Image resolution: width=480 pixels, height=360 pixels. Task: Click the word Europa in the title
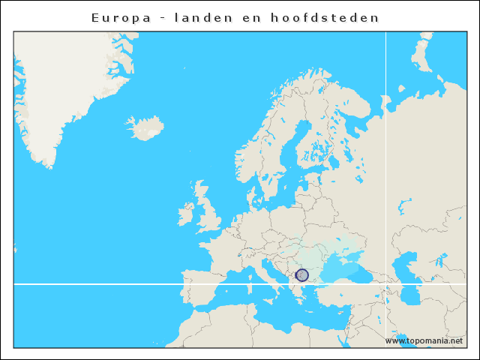pos(117,17)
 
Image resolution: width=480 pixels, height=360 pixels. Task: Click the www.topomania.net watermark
pos(424,340)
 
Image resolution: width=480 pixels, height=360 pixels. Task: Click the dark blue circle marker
pos(302,275)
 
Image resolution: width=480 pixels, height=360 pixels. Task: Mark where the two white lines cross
pos(385,283)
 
